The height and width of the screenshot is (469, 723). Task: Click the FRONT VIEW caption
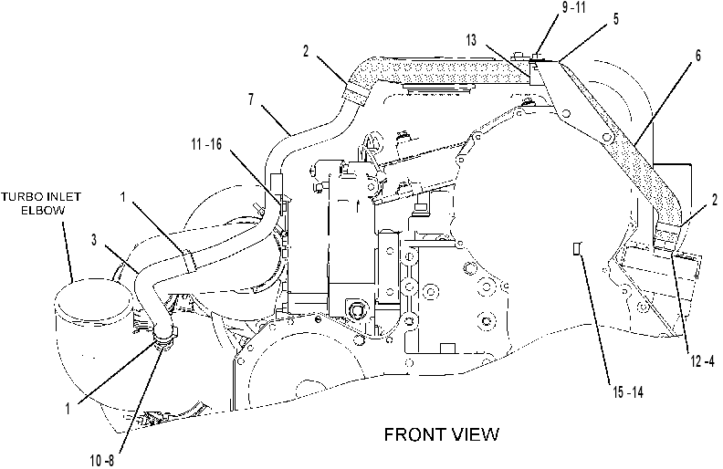point(442,434)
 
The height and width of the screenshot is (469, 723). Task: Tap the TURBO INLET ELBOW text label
point(40,203)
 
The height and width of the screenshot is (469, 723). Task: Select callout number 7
point(251,99)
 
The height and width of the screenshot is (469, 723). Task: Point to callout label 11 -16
point(206,145)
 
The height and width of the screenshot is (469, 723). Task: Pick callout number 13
point(471,40)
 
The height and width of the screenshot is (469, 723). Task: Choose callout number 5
point(616,19)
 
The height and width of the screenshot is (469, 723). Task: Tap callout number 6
point(698,56)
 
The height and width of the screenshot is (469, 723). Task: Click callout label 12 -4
point(702,361)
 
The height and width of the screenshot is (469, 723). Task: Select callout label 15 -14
point(627,392)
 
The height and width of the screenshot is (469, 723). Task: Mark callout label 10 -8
point(102,460)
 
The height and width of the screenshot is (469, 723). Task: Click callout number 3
point(94,241)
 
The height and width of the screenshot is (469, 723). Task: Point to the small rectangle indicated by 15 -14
point(576,249)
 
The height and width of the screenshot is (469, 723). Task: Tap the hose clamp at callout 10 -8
point(164,340)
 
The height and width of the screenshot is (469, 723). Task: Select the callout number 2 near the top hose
point(305,51)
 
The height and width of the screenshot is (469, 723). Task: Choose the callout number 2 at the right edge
point(714,200)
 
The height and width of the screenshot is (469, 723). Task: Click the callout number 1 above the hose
point(122,197)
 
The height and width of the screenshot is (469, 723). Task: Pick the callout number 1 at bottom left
point(68,408)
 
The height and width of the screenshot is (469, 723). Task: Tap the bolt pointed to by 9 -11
point(535,57)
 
